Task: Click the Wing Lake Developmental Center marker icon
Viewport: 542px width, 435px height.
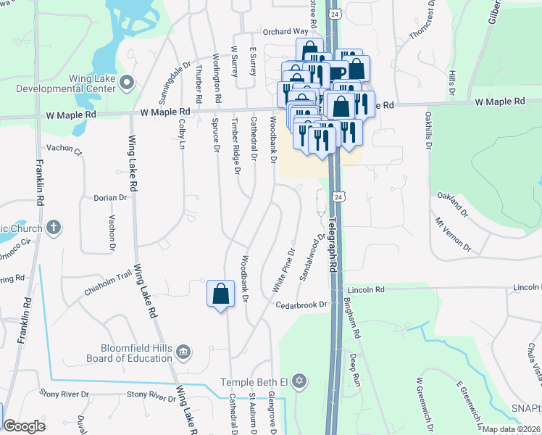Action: [x=128, y=83]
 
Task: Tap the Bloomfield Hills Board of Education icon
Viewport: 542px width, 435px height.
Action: [x=183, y=352]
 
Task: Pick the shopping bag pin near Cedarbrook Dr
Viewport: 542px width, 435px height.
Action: [x=221, y=294]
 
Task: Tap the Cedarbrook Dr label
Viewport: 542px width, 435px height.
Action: [x=301, y=305]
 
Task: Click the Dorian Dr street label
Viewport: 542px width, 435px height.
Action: [x=110, y=197]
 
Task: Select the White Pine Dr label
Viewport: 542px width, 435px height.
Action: [x=283, y=272]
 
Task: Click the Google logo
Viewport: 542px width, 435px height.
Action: [x=25, y=426]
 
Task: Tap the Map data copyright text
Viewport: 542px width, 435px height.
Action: [x=511, y=429]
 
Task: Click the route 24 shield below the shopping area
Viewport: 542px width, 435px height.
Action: [x=338, y=196]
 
